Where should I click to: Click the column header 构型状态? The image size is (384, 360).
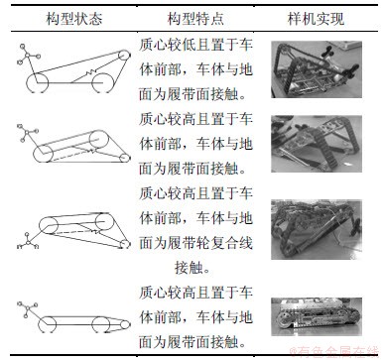[x=74, y=19]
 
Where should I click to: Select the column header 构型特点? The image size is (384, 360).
[x=195, y=19]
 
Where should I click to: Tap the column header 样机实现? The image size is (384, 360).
[x=316, y=19]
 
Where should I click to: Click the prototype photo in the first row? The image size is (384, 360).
[x=317, y=69]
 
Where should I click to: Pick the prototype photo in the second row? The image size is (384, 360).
[x=317, y=144]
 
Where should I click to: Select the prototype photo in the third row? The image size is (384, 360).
[x=317, y=229]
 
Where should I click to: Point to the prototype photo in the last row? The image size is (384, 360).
[x=317, y=316]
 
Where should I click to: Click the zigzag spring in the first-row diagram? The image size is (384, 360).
[x=90, y=71]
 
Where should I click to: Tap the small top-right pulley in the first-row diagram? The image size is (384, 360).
[x=124, y=55]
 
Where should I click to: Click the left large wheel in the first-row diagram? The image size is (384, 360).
[x=37, y=82]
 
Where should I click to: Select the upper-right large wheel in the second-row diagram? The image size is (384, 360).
[x=99, y=139]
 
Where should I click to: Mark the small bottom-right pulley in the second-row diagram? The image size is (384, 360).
[x=124, y=159]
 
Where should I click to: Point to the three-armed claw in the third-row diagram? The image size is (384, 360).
[x=28, y=242]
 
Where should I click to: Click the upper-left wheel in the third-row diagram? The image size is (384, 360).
[x=49, y=225]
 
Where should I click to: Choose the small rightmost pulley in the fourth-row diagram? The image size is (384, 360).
[x=125, y=324]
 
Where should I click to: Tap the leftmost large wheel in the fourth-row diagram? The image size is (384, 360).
[x=47, y=324]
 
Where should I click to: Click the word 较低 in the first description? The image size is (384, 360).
[x=175, y=45]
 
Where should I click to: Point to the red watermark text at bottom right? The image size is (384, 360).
[x=334, y=352]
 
